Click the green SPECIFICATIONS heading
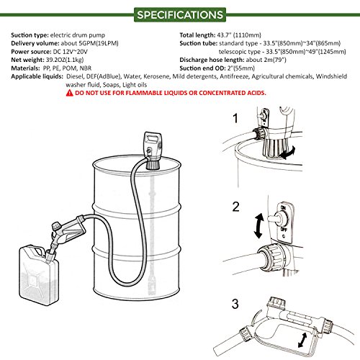tap(180, 15)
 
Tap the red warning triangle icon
tap(69, 93)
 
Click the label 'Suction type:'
tap(30, 35)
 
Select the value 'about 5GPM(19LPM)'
tap(89, 43)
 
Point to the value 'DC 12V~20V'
tap(70, 52)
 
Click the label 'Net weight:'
tap(27, 60)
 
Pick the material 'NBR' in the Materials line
tap(86, 68)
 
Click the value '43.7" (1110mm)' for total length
tap(239, 35)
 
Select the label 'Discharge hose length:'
tap(212, 60)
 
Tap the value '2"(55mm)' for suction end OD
tap(241, 68)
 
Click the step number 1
tap(235, 118)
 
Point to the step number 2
tap(235, 207)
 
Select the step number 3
tap(235, 304)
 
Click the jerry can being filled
tap(39, 275)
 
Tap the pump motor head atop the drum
tap(153, 149)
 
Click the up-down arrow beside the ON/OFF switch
tap(259, 226)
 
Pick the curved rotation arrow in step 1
tap(288, 153)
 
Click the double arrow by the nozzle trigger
tap(302, 340)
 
